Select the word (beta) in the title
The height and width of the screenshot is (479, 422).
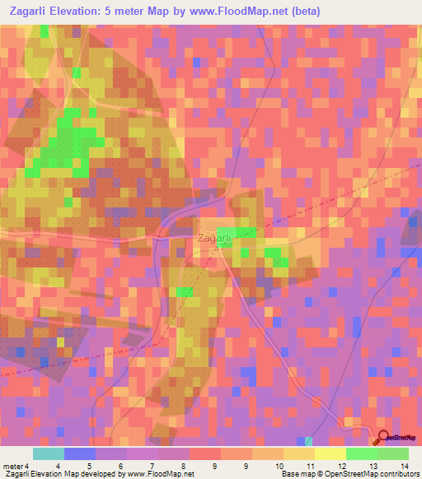[302, 12]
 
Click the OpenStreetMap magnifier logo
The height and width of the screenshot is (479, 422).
[382, 438]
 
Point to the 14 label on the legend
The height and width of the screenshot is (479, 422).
[405, 467]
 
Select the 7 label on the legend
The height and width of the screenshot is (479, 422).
[151, 467]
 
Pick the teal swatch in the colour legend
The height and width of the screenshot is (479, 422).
[49, 453]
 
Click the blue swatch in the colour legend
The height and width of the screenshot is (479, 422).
[80, 453]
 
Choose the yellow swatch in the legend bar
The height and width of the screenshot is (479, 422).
[299, 453]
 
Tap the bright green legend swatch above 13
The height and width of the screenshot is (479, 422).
[362, 453]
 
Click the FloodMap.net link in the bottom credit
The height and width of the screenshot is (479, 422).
[169, 474]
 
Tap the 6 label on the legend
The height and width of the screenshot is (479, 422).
[120, 467]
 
